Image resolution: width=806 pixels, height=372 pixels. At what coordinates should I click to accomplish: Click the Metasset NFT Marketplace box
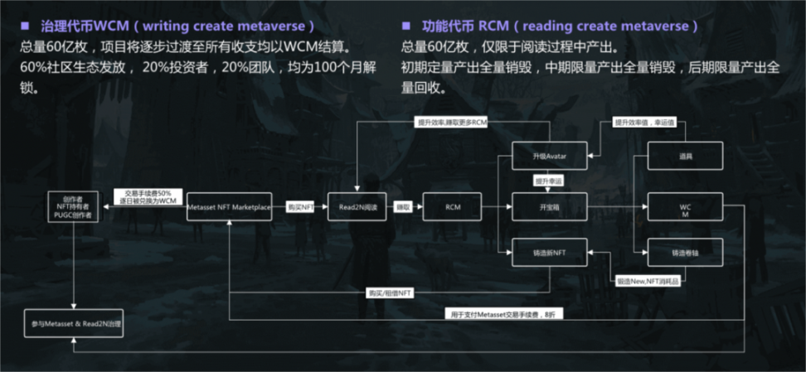[229, 206]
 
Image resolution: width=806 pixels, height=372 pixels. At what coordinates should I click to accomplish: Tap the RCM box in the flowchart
[451, 206]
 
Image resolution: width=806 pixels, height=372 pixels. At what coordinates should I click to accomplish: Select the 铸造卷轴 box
[684, 251]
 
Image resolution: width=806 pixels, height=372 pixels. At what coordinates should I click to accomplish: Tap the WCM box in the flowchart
[684, 206]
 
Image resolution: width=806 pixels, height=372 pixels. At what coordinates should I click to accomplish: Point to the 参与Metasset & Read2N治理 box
[73, 322]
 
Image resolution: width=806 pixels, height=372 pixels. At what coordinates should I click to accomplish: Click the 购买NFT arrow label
[300, 206]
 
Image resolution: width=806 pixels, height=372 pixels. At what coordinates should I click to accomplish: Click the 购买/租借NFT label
[390, 293]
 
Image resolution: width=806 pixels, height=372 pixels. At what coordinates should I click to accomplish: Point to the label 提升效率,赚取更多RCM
[452, 122]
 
